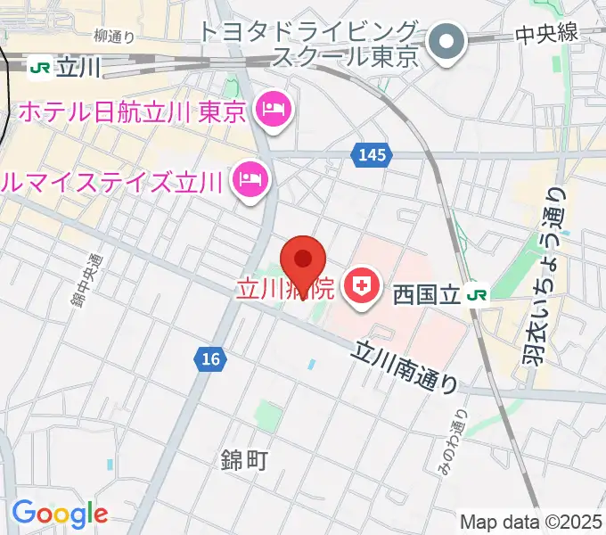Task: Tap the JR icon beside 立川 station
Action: [x=39, y=66]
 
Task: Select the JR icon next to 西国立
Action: [x=479, y=293]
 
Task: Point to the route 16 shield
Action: [x=209, y=358]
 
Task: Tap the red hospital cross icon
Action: [x=361, y=287]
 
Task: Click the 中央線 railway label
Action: [x=547, y=34]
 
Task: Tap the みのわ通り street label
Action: [x=447, y=441]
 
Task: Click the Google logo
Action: [x=60, y=514]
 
